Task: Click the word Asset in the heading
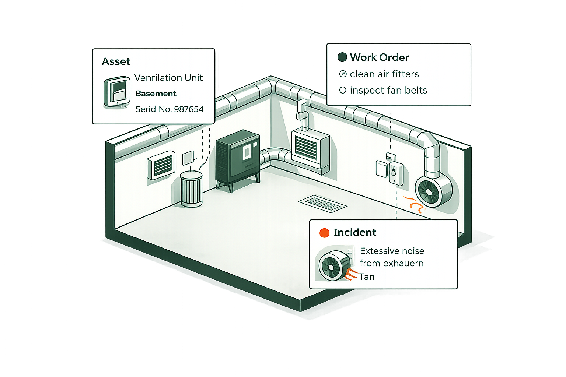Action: point(116,61)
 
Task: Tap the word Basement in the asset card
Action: point(156,94)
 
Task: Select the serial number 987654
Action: point(189,109)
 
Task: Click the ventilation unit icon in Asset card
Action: point(117,92)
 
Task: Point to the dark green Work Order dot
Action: point(342,57)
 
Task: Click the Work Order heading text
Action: point(379,57)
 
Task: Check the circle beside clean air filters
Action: point(343,74)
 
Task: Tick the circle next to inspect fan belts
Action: point(343,90)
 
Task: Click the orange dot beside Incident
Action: point(324,233)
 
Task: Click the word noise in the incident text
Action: point(412,251)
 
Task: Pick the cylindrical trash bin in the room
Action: point(191,188)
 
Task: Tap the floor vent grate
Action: point(322,203)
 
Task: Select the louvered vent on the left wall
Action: point(161,165)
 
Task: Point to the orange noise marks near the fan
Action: point(415,205)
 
